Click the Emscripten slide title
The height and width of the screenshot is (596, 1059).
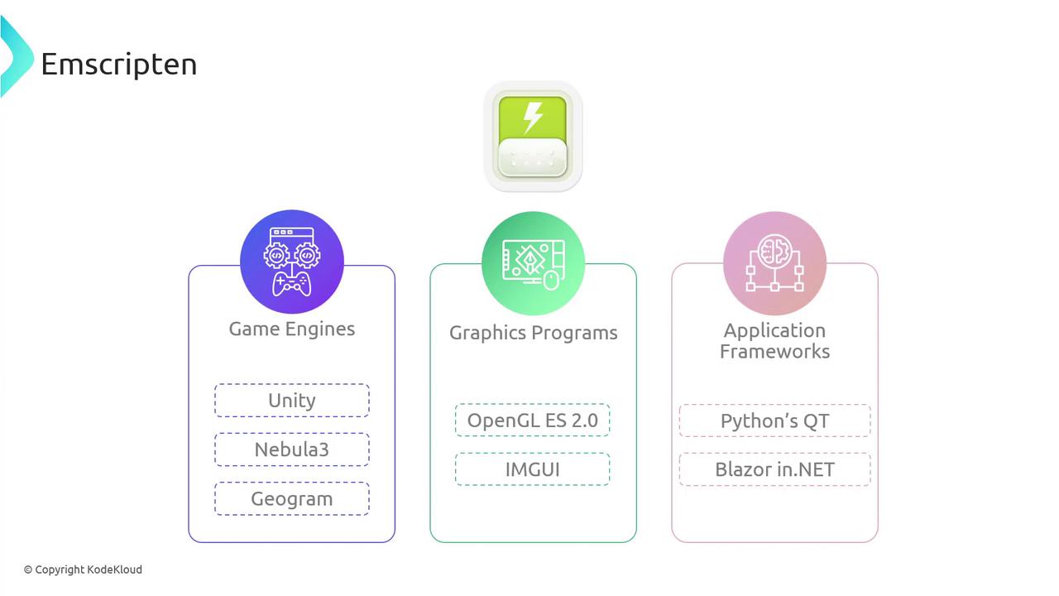tap(118, 65)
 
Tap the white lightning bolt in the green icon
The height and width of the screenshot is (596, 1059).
tap(533, 118)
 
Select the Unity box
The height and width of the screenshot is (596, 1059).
tap(292, 400)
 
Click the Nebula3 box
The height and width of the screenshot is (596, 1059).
tap(292, 449)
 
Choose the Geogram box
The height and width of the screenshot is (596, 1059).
tap(292, 498)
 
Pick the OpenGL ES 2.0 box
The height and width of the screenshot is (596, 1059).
tap(532, 420)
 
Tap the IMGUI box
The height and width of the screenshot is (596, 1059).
tap(532, 469)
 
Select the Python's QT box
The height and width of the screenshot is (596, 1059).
tap(775, 421)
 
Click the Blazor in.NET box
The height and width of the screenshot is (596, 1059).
tap(775, 469)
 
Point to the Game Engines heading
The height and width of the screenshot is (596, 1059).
tap(292, 329)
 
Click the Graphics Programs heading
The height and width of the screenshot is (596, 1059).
tap(534, 333)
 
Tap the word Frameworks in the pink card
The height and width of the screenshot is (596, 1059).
tap(775, 352)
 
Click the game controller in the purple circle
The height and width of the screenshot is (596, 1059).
tap(291, 284)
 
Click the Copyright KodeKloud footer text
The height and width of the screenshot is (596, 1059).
tap(83, 570)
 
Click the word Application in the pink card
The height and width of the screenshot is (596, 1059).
tap(775, 330)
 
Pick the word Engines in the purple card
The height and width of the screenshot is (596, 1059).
tap(320, 329)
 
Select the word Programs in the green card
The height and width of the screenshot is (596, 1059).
tap(574, 333)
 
